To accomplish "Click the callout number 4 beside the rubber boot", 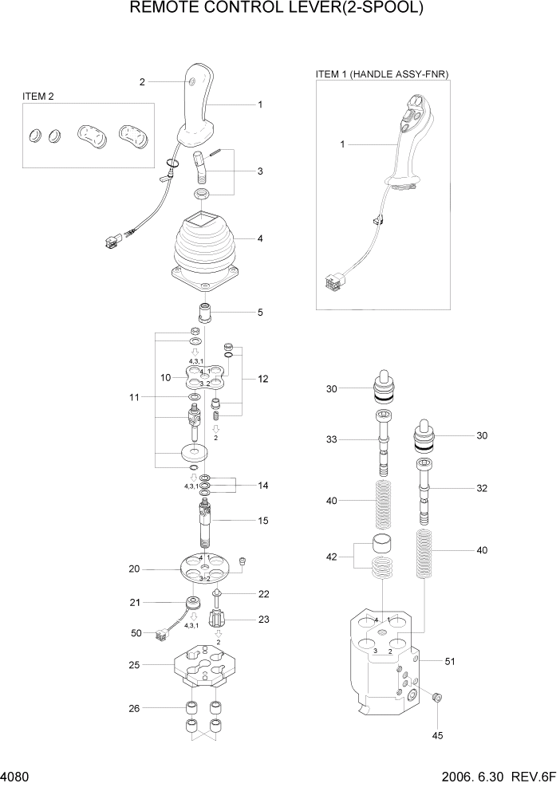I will point(260,238).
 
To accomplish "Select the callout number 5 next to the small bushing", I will point(260,313).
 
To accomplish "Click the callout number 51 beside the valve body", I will point(452,660).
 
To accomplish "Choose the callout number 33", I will point(331,439).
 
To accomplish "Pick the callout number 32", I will point(481,488).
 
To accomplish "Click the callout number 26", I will point(135,707).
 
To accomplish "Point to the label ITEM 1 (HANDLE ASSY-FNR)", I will point(382,74).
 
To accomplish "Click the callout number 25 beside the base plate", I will point(135,664).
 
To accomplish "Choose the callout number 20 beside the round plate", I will point(135,569).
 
